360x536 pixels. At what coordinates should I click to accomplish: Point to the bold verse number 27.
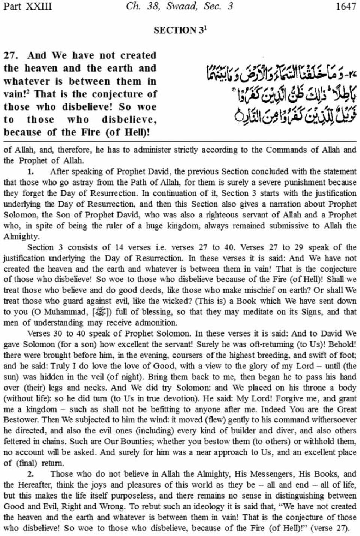[10, 55]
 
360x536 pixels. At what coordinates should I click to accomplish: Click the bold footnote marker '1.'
[31, 172]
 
